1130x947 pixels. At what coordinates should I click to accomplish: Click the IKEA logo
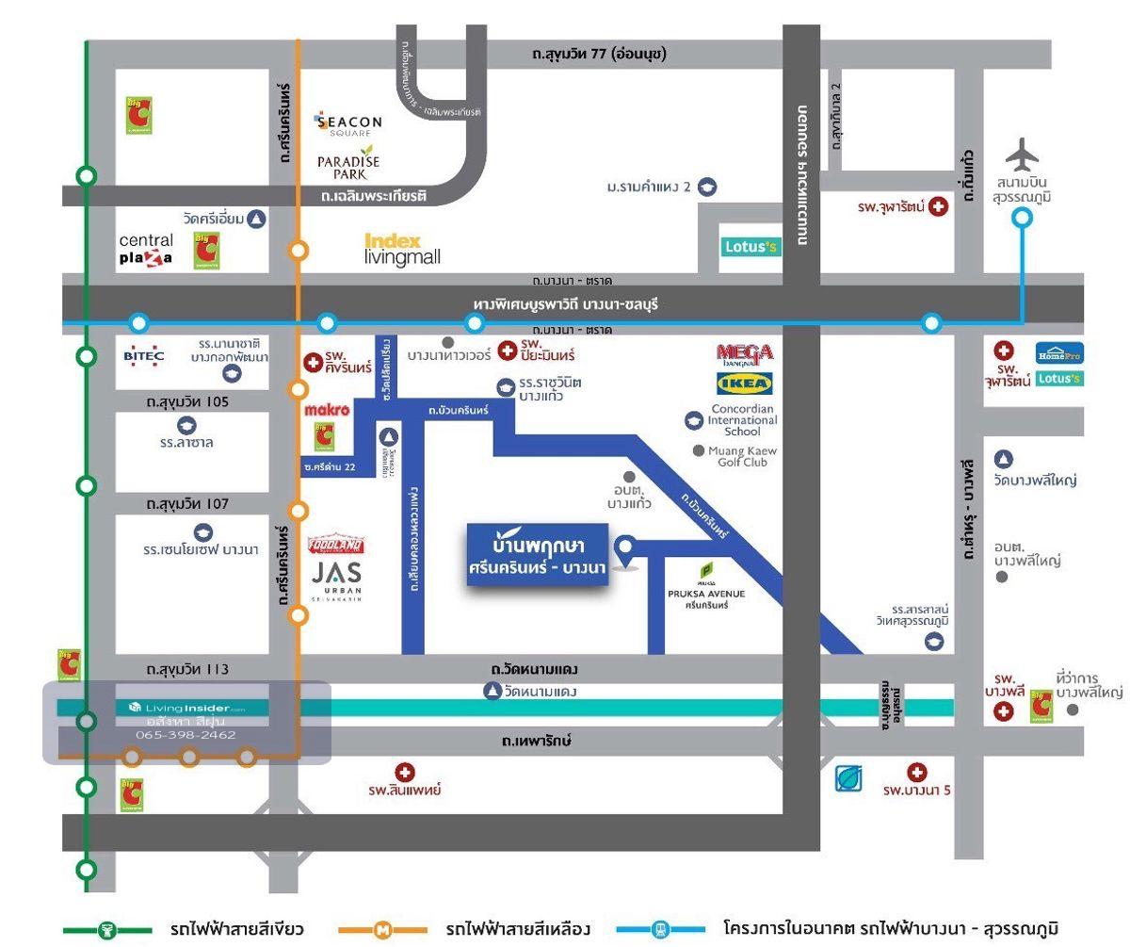point(745,384)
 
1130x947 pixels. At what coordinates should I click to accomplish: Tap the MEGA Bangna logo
point(745,353)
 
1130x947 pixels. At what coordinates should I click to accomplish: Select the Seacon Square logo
point(349,123)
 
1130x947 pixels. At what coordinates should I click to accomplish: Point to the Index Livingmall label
point(402,250)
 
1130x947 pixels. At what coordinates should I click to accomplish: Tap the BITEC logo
point(144,356)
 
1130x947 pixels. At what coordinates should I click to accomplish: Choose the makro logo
point(327,410)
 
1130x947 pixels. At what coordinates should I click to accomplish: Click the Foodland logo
point(336,546)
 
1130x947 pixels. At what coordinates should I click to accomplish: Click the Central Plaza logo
point(146,250)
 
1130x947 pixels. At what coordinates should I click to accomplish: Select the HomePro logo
point(1059,353)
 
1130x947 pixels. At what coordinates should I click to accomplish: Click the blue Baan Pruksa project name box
point(537,556)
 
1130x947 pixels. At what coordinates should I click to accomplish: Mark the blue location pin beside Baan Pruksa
point(624,547)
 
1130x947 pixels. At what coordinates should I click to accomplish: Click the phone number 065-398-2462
point(186,734)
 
